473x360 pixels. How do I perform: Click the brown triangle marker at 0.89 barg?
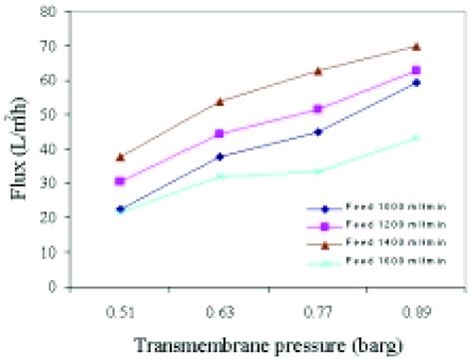click(416, 47)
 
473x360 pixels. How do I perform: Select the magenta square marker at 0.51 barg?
click(120, 181)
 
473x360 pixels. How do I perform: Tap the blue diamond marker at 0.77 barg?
click(317, 132)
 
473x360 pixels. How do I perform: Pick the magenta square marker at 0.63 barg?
click(219, 134)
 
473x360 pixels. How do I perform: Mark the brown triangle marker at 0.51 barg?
click(120, 157)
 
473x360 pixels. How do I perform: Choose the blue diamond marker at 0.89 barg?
click(416, 83)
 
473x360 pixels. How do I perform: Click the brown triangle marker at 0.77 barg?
click(317, 71)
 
